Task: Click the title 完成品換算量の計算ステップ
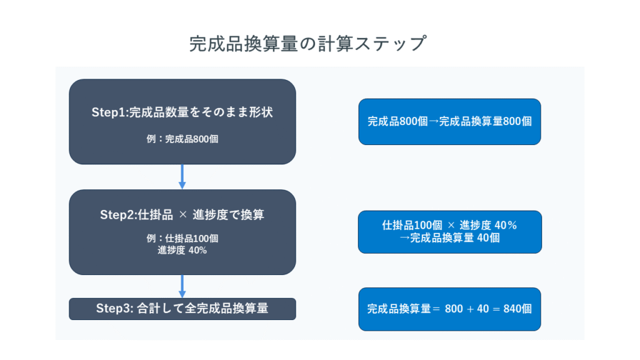(307, 44)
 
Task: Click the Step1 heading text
(182, 112)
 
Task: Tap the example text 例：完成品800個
(182, 139)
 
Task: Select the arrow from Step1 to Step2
(182, 176)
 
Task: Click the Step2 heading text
(182, 215)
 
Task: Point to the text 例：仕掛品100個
(182, 238)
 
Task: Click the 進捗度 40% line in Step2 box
(182, 250)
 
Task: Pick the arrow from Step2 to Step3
(182, 286)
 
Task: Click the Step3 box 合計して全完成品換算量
(182, 309)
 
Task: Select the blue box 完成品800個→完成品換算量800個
(450, 122)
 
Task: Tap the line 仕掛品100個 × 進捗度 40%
(450, 225)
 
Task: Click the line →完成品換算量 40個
(450, 238)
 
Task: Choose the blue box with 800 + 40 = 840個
(450, 309)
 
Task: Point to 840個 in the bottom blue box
(517, 309)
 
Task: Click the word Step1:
(110, 112)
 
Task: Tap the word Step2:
(119, 215)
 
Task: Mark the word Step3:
(115, 309)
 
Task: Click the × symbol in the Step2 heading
(183, 215)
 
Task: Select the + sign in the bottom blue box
(470, 309)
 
